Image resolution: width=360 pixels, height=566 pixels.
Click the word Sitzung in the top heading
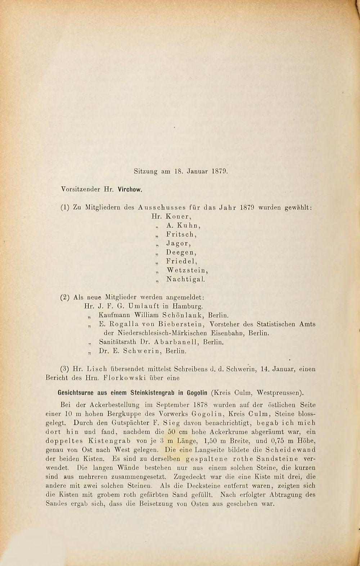point(145,172)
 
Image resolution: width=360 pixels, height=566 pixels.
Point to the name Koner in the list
point(179,217)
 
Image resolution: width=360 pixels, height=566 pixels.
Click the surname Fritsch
point(181,234)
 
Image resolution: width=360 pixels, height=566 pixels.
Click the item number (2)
point(65,298)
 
